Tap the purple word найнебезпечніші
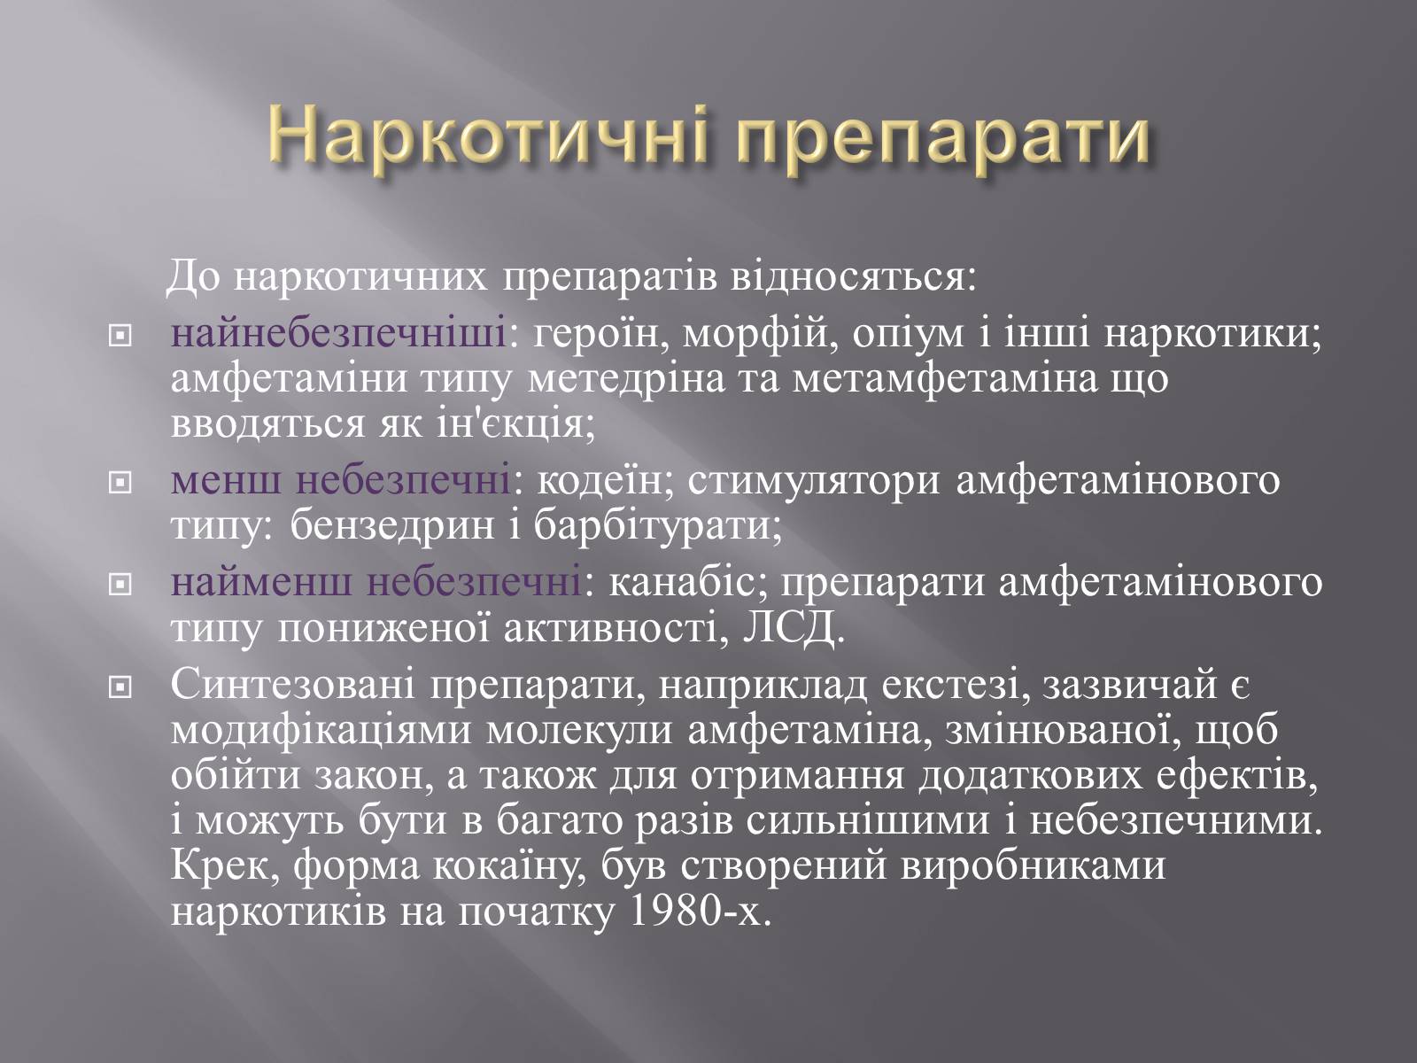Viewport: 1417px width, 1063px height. (x=338, y=334)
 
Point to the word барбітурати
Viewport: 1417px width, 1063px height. (x=657, y=527)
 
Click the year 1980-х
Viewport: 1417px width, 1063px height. (x=699, y=912)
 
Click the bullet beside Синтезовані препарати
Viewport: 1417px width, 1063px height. (x=120, y=688)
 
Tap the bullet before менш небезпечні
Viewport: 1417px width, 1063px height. (x=120, y=482)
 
